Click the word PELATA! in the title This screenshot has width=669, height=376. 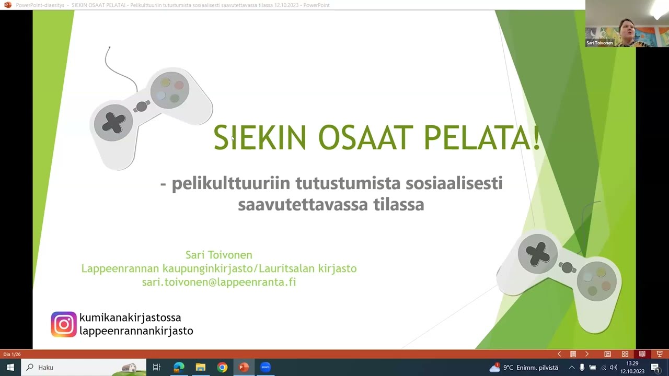481,138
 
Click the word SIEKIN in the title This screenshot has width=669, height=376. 259,138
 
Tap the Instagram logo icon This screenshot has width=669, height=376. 64,324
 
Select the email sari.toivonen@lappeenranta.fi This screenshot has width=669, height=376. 219,282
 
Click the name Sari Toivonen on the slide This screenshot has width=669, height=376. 219,255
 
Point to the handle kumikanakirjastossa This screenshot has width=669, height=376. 130,318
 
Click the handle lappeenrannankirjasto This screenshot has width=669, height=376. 136,331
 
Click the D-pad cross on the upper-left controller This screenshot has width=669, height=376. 113,123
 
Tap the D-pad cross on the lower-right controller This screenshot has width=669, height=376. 538,253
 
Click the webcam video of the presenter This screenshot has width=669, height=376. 627,23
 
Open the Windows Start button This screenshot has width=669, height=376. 10,367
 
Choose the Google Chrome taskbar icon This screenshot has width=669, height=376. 222,367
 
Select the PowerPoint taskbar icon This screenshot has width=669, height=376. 244,367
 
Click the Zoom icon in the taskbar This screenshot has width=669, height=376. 266,367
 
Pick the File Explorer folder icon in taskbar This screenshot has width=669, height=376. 201,367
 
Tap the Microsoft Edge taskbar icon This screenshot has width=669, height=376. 179,367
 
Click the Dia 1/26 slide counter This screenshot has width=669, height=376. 12,354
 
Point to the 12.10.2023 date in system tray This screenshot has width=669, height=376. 632,371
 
